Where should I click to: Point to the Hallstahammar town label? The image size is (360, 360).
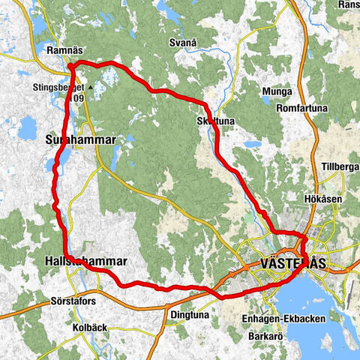80,262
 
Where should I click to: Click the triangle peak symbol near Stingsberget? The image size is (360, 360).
89,87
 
